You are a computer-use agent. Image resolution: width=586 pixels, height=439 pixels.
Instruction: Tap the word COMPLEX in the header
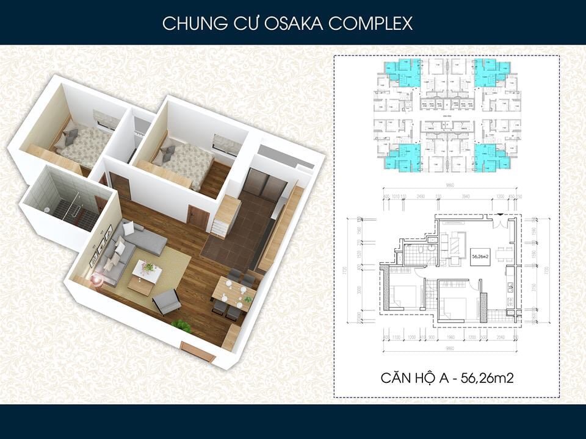point(371,24)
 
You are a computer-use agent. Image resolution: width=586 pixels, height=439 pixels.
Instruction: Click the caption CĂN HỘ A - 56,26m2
point(446,378)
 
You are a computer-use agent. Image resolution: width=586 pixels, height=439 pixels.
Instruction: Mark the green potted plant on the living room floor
point(181,326)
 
